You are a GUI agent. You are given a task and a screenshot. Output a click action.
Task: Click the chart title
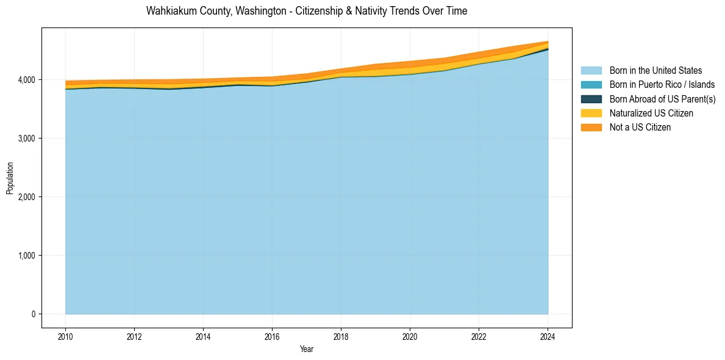(x=307, y=11)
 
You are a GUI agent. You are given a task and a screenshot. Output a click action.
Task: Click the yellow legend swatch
(x=591, y=113)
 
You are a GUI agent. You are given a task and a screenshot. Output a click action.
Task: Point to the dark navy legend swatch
(x=591, y=99)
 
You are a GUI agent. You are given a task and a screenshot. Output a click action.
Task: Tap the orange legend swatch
(x=591, y=127)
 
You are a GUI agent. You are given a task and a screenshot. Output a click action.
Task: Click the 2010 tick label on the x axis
(x=65, y=336)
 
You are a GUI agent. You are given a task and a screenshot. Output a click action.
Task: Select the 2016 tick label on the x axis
(x=272, y=336)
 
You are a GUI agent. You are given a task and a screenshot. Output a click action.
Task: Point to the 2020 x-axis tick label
(x=410, y=336)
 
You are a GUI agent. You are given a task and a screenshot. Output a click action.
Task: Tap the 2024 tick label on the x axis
(x=548, y=336)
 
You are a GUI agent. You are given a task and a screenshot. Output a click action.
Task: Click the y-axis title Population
(x=10, y=178)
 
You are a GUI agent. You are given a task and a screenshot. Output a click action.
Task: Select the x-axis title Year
(x=307, y=349)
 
